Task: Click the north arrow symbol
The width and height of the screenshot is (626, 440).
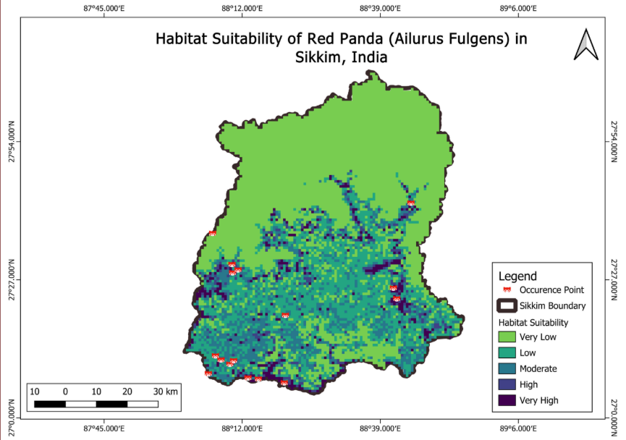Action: click(x=585, y=45)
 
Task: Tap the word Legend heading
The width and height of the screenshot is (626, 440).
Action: click(x=517, y=276)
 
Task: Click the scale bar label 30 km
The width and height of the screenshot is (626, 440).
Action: click(x=166, y=392)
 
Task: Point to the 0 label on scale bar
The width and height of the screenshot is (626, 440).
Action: click(x=65, y=392)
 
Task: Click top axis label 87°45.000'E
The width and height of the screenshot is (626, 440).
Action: click(x=105, y=8)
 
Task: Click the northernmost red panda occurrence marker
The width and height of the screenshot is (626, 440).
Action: click(x=411, y=203)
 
